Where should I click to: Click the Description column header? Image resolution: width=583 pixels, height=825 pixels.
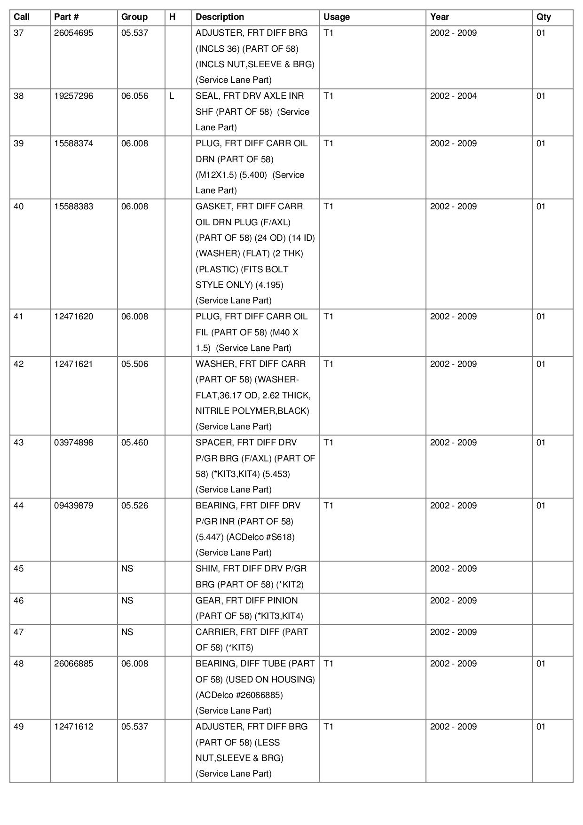pos(220,17)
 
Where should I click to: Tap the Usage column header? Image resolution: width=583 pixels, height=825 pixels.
pos(336,17)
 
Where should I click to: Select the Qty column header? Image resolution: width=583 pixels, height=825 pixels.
pos(544,17)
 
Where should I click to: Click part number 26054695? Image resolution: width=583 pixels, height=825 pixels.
pos(73,33)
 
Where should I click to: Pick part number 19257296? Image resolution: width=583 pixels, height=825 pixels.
pos(73,96)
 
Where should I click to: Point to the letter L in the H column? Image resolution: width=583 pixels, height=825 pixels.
pos(172,96)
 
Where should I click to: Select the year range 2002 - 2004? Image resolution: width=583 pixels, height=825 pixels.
pos(453,96)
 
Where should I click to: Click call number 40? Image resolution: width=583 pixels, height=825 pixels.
pos(19,206)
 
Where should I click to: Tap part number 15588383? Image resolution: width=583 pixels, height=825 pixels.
pos(73,206)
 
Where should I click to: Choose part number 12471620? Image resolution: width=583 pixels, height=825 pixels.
pos(73,317)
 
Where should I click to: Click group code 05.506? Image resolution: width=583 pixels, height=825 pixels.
pos(134,364)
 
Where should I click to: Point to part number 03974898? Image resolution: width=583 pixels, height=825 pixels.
pos(73,443)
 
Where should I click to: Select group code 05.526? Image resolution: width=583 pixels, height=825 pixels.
pos(134,506)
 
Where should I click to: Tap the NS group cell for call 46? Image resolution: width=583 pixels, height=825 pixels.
pos(127,601)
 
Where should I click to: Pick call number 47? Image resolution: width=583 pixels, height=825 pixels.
pos(19,632)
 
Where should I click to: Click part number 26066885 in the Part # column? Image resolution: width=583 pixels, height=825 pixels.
pos(73,664)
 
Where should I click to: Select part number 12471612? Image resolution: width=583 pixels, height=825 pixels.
pos(73,727)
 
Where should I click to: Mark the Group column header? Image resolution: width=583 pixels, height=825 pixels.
pos(134,17)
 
